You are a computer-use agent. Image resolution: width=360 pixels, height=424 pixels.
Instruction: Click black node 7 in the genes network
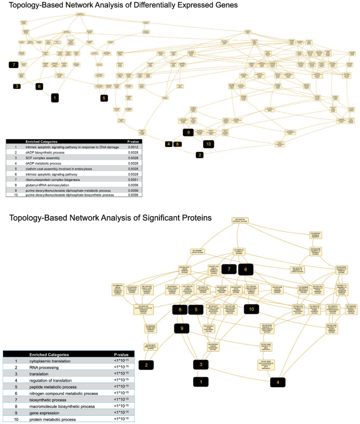[x=14, y=64]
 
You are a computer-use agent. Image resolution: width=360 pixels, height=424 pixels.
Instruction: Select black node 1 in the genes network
[x=56, y=97]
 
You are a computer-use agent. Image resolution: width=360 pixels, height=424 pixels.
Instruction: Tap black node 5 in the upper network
[x=103, y=97]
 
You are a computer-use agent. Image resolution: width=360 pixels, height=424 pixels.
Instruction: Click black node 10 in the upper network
[x=208, y=143]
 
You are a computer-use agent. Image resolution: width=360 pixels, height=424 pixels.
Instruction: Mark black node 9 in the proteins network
[x=182, y=328]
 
